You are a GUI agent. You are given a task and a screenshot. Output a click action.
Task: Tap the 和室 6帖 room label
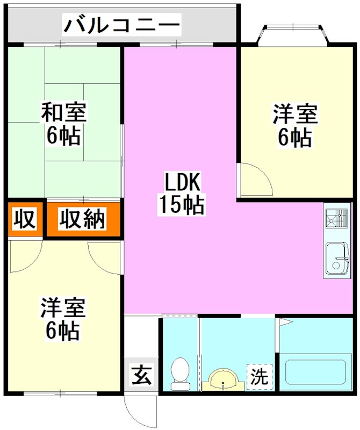point(63,124)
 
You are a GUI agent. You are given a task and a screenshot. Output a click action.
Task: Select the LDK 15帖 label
point(181,193)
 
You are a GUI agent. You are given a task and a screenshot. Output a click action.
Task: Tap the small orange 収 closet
point(25,219)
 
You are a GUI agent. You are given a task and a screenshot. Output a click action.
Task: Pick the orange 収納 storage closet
point(83,219)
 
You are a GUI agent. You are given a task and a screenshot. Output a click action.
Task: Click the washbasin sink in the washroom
point(223,379)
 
